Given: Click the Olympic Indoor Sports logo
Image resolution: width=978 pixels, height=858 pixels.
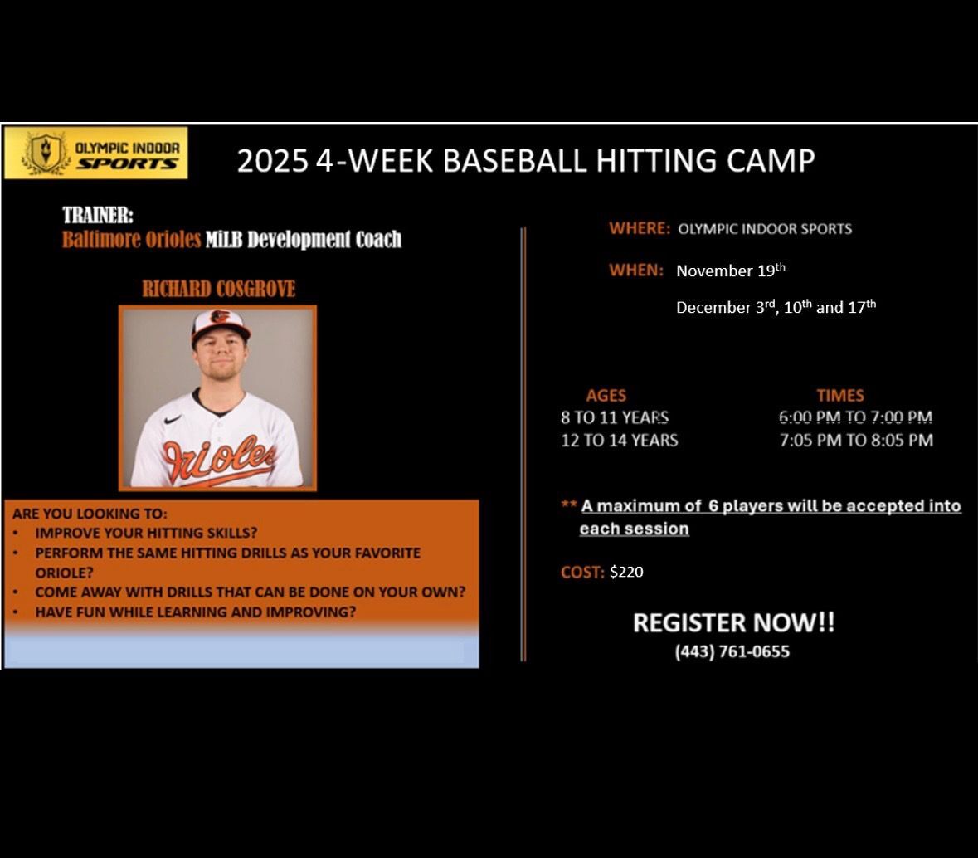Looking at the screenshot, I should point(95,153).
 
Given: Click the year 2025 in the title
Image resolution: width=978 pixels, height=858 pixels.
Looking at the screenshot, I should point(272,161).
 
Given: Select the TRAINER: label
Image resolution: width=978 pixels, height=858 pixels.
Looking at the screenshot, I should point(98,216).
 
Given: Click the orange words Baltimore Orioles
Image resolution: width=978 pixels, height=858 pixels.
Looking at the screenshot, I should point(131,240).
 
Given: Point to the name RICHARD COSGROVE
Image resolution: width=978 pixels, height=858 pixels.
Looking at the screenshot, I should point(218,290).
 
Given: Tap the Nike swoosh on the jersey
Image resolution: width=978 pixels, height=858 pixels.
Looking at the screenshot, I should point(173,421).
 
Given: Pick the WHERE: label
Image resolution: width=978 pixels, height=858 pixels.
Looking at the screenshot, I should point(639,228).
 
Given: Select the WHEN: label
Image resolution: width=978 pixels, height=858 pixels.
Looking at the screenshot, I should point(636,270).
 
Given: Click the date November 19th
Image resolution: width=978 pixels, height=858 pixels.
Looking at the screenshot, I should point(730,271).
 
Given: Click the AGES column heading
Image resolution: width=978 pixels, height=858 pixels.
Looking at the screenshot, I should point(606,396).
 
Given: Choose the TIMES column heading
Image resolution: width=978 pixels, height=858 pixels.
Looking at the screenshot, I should point(839,396).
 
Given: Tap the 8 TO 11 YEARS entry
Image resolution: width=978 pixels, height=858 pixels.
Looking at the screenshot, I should point(615,417).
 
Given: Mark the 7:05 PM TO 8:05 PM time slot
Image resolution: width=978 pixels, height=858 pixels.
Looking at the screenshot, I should point(855,440).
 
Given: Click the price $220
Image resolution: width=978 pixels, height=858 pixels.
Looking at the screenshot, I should point(626,572).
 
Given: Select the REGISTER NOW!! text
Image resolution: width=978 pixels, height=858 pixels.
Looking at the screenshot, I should point(733,623).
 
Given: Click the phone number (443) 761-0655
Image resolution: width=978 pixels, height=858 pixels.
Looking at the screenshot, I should point(732,652).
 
